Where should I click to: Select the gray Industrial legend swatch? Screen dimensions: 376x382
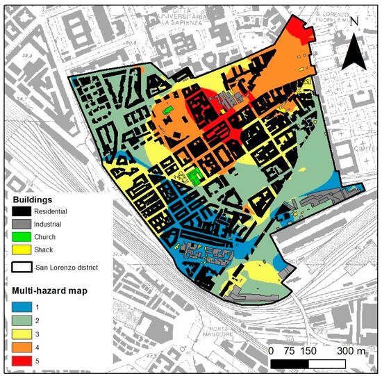coord(23,224)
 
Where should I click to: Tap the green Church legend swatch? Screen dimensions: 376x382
coord(23,237)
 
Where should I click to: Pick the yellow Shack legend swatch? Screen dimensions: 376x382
coord(23,250)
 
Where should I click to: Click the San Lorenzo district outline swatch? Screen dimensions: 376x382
coord(23,265)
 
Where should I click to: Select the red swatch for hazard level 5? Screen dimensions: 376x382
coord(23,360)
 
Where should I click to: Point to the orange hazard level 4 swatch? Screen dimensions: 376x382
coord(23,346)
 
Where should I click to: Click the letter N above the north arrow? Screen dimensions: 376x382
coord(354,22)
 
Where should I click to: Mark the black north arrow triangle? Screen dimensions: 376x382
coord(354,52)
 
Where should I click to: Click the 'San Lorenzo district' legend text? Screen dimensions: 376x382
coord(78,265)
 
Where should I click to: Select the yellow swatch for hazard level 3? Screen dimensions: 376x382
coord(23,332)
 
